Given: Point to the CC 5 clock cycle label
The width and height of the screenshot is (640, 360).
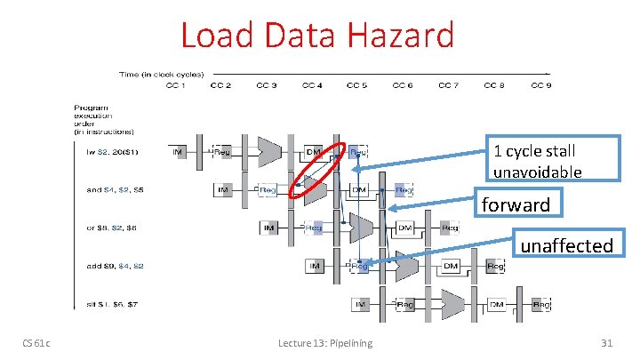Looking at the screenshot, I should pyautogui.click(x=356, y=85).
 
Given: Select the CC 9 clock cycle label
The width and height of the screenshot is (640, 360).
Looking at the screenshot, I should pyautogui.click(x=540, y=85).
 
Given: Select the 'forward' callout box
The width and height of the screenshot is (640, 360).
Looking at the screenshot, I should pyautogui.click(x=516, y=204).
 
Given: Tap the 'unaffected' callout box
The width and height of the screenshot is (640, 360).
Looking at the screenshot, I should pyautogui.click(x=566, y=244).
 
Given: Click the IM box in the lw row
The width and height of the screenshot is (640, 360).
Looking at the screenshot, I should pyautogui.click(x=179, y=152).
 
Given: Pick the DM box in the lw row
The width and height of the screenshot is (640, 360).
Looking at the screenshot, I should pyautogui.click(x=314, y=152).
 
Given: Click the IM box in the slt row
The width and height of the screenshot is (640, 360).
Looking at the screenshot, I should pyautogui.click(x=361, y=305).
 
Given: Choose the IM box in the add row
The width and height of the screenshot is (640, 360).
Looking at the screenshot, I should pyautogui.click(x=315, y=266).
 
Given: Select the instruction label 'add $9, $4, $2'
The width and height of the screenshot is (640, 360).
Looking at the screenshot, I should pyautogui.click(x=113, y=266).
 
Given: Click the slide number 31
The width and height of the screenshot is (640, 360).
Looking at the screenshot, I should pyautogui.click(x=607, y=343).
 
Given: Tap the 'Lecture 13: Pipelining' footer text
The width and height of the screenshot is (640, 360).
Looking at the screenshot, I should pyautogui.click(x=325, y=343).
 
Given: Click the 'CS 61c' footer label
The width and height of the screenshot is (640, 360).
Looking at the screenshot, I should pyautogui.click(x=37, y=343).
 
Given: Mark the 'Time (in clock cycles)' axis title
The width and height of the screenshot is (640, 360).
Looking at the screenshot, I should pyautogui.click(x=162, y=74).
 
